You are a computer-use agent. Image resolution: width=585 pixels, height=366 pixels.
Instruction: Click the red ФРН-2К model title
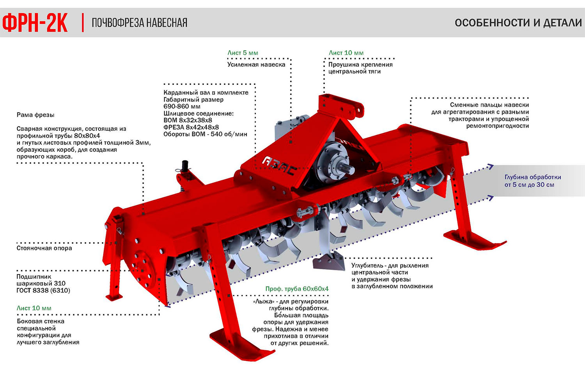pyautogui.click(x=35, y=23)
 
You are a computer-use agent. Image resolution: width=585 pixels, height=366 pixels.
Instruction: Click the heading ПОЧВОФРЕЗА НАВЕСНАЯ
pyautogui.click(x=139, y=23)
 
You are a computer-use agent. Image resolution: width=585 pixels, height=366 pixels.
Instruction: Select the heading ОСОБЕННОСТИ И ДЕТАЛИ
pyautogui.click(x=518, y=23)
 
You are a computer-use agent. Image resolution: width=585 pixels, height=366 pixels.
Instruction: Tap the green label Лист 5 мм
pyautogui.click(x=243, y=53)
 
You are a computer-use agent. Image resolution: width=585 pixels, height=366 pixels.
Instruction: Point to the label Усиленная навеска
pyautogui.click(x=256, y=65)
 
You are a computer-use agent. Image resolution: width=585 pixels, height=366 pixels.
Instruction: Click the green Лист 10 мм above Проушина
pyautogui.click(x=346, y=53)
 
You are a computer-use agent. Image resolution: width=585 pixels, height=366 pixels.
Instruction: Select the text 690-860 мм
pyautogui.click(x=182, y=106)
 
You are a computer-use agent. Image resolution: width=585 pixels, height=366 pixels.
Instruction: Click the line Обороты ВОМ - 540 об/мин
pyautogui.click(x=205, y=134)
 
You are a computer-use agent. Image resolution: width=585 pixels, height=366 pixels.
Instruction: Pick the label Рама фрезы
pyautogui.click(x=35, y=115)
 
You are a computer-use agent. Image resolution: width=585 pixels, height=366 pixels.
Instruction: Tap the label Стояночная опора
pyautogui.click(x=44, y=248)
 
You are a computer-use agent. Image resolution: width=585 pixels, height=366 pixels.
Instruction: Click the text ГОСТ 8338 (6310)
pyautogui.click(x=43, y=290)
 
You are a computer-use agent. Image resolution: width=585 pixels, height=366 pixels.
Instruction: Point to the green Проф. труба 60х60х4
pyautogui.click(x=297, y=289)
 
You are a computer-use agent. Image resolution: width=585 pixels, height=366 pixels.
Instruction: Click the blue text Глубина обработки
pyautogui.click(x=533, y=177)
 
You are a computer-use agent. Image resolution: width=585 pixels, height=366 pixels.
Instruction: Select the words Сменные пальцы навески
pyautogui.click(x=489, y=105)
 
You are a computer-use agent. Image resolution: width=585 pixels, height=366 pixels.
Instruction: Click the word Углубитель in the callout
pyautogui.click(x=367, y=266)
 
